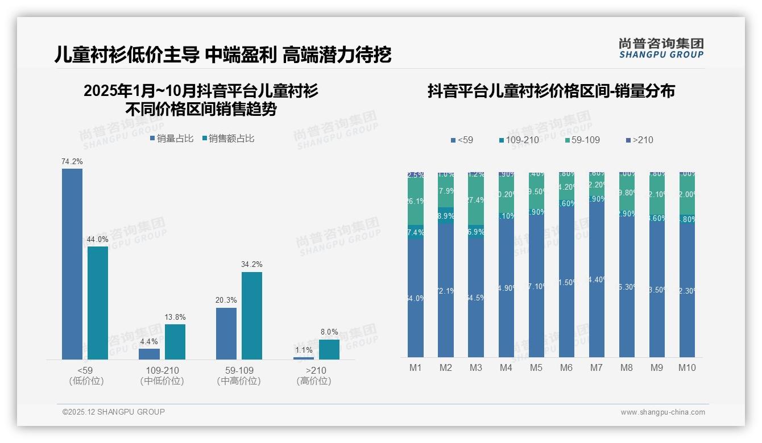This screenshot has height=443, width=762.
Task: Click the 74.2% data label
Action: click(72, 162)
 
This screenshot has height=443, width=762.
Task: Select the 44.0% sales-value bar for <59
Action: click(98, 303)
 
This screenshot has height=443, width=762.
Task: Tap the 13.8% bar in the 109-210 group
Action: click(175, 341)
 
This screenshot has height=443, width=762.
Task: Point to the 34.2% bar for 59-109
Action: click(252, 315)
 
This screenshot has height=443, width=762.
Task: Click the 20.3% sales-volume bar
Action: click(226, 333)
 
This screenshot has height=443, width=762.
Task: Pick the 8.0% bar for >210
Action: click(329, 349)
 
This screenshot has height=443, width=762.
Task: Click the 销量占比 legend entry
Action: click(172, 139)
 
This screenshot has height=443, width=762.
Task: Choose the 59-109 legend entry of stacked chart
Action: click(583, 140)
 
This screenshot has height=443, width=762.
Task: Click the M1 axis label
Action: click(416, 367)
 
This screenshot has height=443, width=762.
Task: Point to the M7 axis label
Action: click(596, 367)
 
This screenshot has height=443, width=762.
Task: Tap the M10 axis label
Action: click(687, 367)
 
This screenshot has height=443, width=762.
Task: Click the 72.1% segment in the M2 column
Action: click(446, 291)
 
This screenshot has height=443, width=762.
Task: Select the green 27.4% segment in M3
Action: click(476, 200)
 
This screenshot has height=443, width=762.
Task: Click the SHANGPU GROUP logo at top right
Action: click(661, 48)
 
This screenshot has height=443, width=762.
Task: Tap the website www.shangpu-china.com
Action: click(662, 412)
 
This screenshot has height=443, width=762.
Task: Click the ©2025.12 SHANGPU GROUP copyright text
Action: click(114, 412)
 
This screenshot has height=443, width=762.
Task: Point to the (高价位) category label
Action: click(314, 381)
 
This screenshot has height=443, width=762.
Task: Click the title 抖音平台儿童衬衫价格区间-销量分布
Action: click(551, 91)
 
